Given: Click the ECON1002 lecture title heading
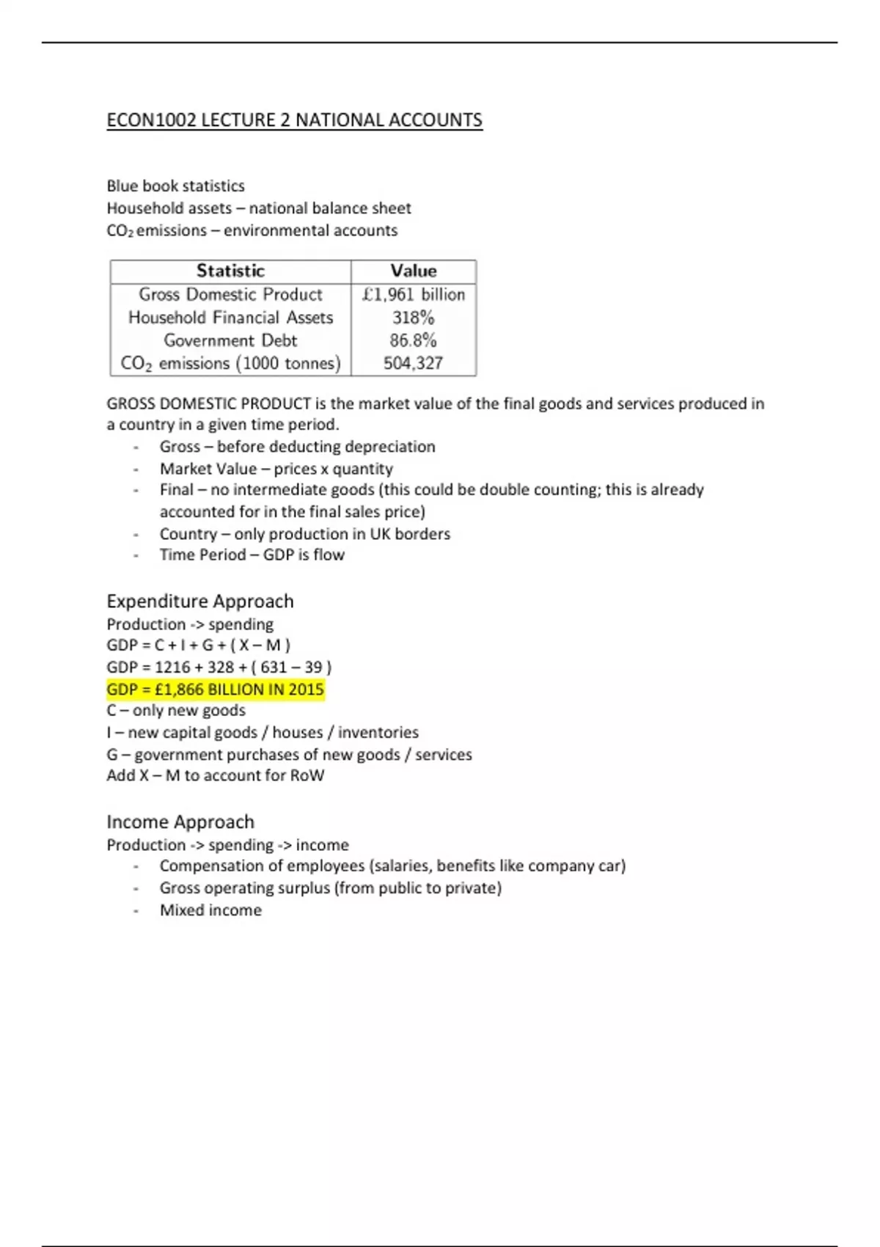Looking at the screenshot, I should [294, 120].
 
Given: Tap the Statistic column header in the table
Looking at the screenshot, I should [230, 271].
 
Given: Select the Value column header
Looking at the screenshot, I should [414, 271].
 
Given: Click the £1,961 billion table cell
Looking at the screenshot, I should [414, 294].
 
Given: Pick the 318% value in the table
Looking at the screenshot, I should [414, 318].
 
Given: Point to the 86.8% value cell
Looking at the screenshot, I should [414, 340].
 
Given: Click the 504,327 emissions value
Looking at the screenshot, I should [414, 363].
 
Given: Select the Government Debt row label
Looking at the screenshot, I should [230, 340].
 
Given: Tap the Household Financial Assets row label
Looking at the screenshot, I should [230, 318].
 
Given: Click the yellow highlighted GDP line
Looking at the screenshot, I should [215, 690].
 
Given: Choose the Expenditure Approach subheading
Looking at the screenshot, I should [200, 601].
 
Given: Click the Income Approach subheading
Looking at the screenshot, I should [180, 822].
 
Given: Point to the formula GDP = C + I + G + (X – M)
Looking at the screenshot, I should [199, 646].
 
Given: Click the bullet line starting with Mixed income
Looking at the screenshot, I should [210, 910].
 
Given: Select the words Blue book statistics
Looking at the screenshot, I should [175, 186].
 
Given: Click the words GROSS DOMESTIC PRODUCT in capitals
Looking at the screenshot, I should [209, 403].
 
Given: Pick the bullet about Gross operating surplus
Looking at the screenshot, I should [330, 888].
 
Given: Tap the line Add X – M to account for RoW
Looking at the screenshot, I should [215, 775].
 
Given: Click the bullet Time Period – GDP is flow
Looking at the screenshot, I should [252, 555].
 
